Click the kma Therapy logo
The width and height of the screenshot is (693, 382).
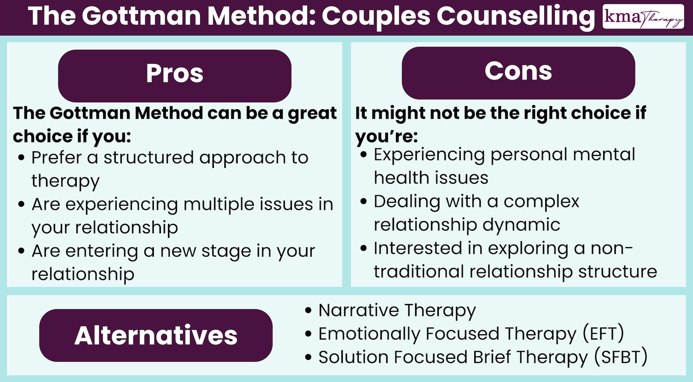(x=643, y=17)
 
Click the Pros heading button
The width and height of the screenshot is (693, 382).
(x=175, y=76)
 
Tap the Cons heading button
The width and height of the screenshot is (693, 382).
(x=518, y=73)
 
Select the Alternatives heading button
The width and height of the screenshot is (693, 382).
(x=156, y=335)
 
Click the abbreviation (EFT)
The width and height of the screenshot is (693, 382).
(x=603, y=334)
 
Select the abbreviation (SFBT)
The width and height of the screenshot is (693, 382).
(x=621, y=357)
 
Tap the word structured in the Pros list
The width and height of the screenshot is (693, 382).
(x=149, y=158)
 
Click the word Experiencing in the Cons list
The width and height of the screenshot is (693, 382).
(x=429, y=155)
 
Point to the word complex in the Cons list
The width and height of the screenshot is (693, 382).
(x=541, y=202)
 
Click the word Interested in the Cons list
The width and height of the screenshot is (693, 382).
(x=418, y=248)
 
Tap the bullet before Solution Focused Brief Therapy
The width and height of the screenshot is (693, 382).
(x=308, y=357)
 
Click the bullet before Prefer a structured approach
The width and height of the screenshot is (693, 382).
(x=21, y=158)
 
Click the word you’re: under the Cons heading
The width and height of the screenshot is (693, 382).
(x=386, y=136)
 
